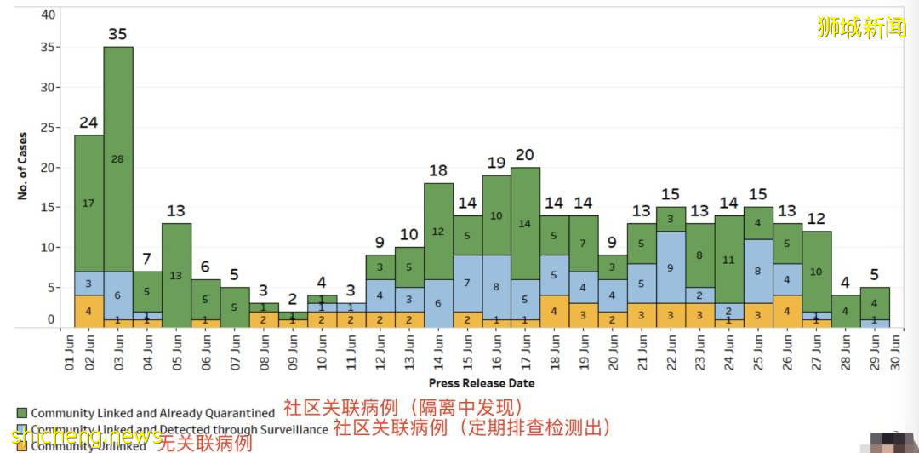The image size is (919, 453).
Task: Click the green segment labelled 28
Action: [118, 159]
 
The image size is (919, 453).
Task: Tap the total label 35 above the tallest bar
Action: [118, 34]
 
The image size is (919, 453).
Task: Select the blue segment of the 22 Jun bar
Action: [671, 267]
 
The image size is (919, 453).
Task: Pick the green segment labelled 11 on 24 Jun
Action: [729, 260]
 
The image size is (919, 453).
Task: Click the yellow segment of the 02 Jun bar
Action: [88, 311]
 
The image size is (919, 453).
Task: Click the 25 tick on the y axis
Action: [49, 127]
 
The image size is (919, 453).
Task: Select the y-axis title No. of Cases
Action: [22, 165]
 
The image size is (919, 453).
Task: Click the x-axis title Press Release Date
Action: [482, 383]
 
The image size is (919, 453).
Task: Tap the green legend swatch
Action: [21, 413]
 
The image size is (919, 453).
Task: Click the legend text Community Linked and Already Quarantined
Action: [153, 413]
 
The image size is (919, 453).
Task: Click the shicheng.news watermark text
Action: [86, 437]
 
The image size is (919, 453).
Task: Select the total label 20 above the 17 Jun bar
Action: [525, 154]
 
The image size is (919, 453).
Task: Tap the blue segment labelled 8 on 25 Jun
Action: [758, 272]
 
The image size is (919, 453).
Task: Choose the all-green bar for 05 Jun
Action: [176, 275]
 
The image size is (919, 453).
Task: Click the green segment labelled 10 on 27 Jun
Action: [816, 272]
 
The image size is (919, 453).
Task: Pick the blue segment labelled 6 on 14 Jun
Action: [438, 303]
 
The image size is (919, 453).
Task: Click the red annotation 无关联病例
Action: [207, 443]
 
